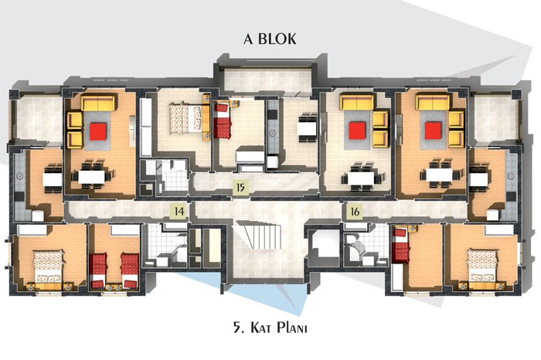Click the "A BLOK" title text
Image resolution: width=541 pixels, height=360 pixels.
tap(270, 39)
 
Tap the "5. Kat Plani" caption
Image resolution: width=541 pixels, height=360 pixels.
tap(270, 327)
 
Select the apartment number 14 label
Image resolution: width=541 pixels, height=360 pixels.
tap(179, 211)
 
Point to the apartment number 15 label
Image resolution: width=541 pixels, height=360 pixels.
tap(240, 188)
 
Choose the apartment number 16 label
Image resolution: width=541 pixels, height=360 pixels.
tap(355, 211)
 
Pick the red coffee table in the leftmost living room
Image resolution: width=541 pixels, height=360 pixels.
tap(97, 131)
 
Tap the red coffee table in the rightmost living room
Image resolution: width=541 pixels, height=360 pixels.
tap(434, 131)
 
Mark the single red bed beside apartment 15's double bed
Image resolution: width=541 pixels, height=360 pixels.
tap(223, 121)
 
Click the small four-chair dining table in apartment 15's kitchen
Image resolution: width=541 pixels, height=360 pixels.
tap(307, 127)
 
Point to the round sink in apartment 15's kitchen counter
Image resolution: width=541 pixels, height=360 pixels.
tap(273, 133)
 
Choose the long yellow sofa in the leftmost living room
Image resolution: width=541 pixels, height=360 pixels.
tap(97, 103)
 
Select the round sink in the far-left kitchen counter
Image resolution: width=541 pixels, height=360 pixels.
tap(19, 176)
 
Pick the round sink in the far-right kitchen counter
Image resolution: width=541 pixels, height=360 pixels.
tap(511, 176)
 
